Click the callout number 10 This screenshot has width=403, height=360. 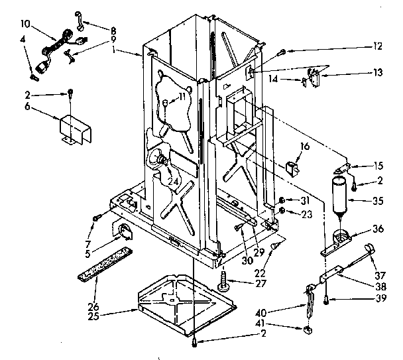[x=25, y=23]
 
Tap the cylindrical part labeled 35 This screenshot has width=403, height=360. [x=340, y=193]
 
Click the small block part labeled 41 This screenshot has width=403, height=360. [x=308, y=330]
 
